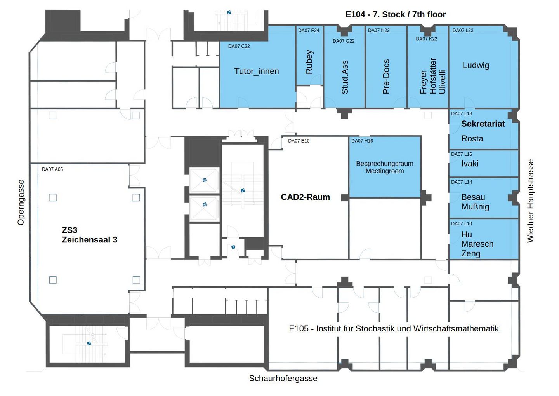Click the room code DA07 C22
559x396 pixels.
[239, 46]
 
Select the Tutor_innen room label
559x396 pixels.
[257, 71]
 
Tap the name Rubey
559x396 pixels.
[309, 62]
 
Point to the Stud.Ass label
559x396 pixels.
[345, 77]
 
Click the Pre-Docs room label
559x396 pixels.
[386, 77]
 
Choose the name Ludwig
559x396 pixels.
[476, 65]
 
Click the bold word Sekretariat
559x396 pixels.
[483, 124]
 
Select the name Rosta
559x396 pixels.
[472, 138]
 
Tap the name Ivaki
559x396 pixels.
[470, 164]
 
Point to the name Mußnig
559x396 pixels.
[475, 207]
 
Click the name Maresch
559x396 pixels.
[477, 244]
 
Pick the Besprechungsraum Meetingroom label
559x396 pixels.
[385, 167]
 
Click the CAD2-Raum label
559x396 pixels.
[305, 197]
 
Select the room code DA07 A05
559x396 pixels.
[52, 169]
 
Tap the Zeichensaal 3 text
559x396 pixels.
[89, 240]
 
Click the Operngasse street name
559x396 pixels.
[21, 202]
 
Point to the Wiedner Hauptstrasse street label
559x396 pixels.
[530, 201]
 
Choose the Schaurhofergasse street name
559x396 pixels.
[283, 378]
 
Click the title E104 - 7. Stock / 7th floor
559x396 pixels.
[395, 14]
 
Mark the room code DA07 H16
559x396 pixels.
[362, 141]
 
